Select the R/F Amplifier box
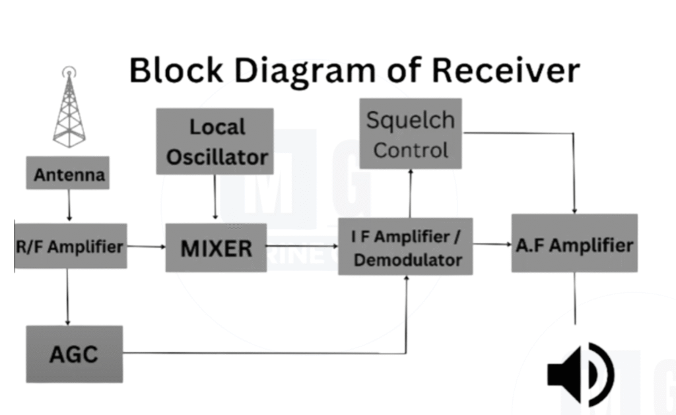pos(70,246)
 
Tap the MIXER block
pos(216,247)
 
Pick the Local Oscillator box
pos(215,141)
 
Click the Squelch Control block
pos(410,134)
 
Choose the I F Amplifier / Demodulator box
pos(405,246)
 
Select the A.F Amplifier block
pos(574,243)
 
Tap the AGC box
pos(74,354)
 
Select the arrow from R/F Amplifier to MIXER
pos(146,247)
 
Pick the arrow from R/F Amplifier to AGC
pos(67,296)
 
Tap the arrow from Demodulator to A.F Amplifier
pos(492,245)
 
